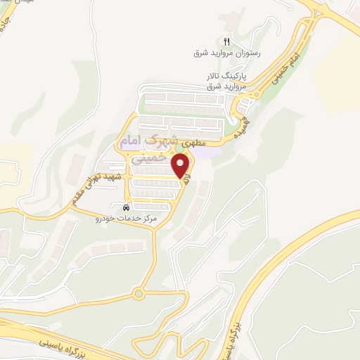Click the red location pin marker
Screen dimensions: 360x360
point(182,167)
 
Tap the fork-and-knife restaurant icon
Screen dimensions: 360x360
point(226,41)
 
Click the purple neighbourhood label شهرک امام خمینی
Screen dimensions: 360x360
point(152,149)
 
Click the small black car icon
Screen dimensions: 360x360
point(126,208)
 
